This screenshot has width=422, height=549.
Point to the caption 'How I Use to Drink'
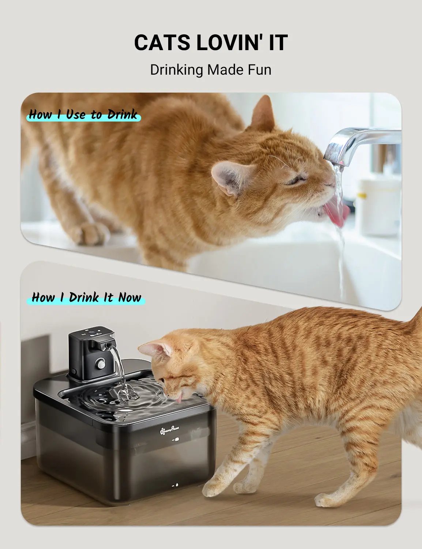(83, 115)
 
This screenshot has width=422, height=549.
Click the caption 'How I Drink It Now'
(86, 297)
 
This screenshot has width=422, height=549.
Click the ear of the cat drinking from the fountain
(157, 350)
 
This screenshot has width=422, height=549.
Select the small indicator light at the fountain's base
(174, 486)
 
